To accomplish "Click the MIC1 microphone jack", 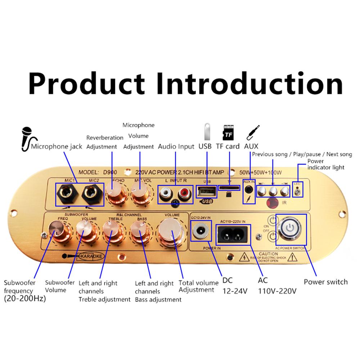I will (x=68, y=194).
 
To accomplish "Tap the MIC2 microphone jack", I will (x=91, y=194).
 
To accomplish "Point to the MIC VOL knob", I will (x=139, y=194).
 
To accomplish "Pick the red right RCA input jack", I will (x=183, y=194).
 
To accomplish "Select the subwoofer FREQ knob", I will (x=57, y=229).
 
